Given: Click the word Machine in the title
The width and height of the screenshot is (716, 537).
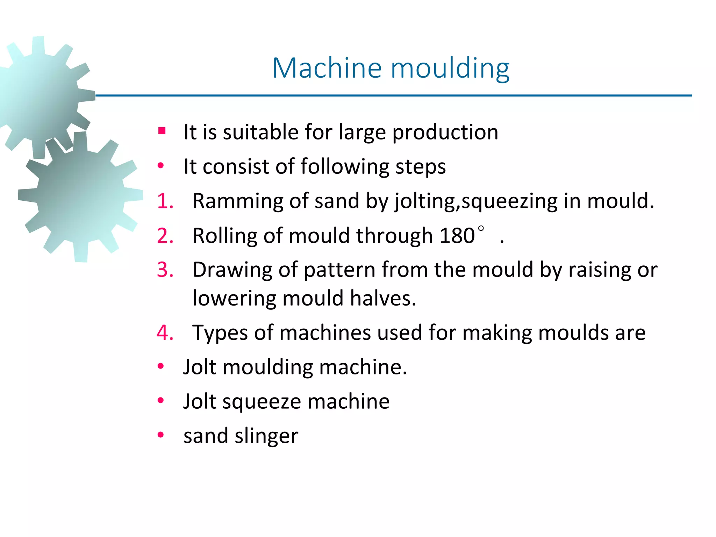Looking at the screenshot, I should [x=327, y=68].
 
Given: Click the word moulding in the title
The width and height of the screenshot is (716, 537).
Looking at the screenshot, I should [x=450, y=68].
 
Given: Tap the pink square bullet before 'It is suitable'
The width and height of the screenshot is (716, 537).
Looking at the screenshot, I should [x=162, y=131].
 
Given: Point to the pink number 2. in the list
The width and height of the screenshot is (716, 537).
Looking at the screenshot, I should [x=165, y=235].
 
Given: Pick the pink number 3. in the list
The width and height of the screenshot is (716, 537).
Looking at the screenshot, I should [x=165, y=270].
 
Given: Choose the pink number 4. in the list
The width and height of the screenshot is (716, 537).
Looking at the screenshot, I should [x=165, y=332].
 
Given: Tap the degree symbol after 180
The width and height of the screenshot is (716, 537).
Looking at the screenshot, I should [x=481, y=229].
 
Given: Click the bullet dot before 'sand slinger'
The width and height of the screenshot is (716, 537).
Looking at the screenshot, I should [x=161, y=435].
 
